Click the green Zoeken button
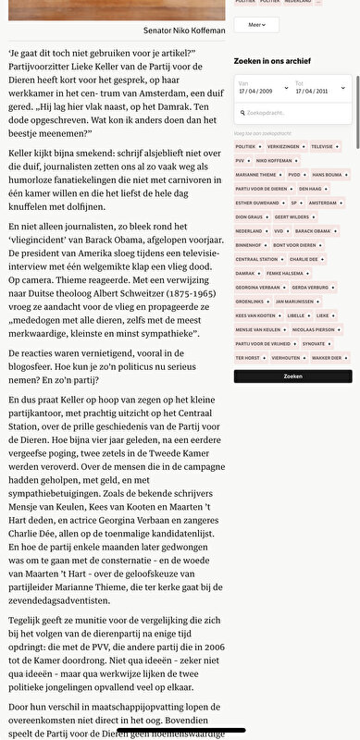click(x=292, y=376)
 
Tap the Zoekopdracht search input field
click(x=292, y=112)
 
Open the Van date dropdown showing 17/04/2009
click(x=263, y=89)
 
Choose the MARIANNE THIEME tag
click(x=254, y=174)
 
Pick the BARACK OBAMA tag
click(x=316, y=230)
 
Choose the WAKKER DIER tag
click(x=327, y=357)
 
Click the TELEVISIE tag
click(x=323, y=146)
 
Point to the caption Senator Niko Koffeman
click(x=183, y=31)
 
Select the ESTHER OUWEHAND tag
click(x=256, y=202)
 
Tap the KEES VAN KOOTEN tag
click(x=256, y=314)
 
